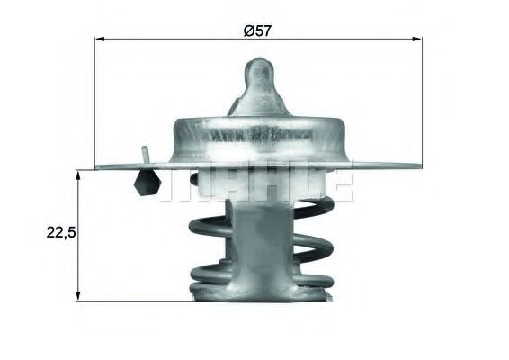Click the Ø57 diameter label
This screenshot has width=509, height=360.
257,30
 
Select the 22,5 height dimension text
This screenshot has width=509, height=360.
60,232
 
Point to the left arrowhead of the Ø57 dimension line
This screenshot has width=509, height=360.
100,40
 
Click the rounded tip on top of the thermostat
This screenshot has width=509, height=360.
258,66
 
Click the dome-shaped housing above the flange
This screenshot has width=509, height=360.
258,135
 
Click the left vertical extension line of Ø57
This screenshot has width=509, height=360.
95,99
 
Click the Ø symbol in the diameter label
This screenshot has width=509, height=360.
248,30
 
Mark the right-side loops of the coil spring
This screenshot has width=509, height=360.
319,243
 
